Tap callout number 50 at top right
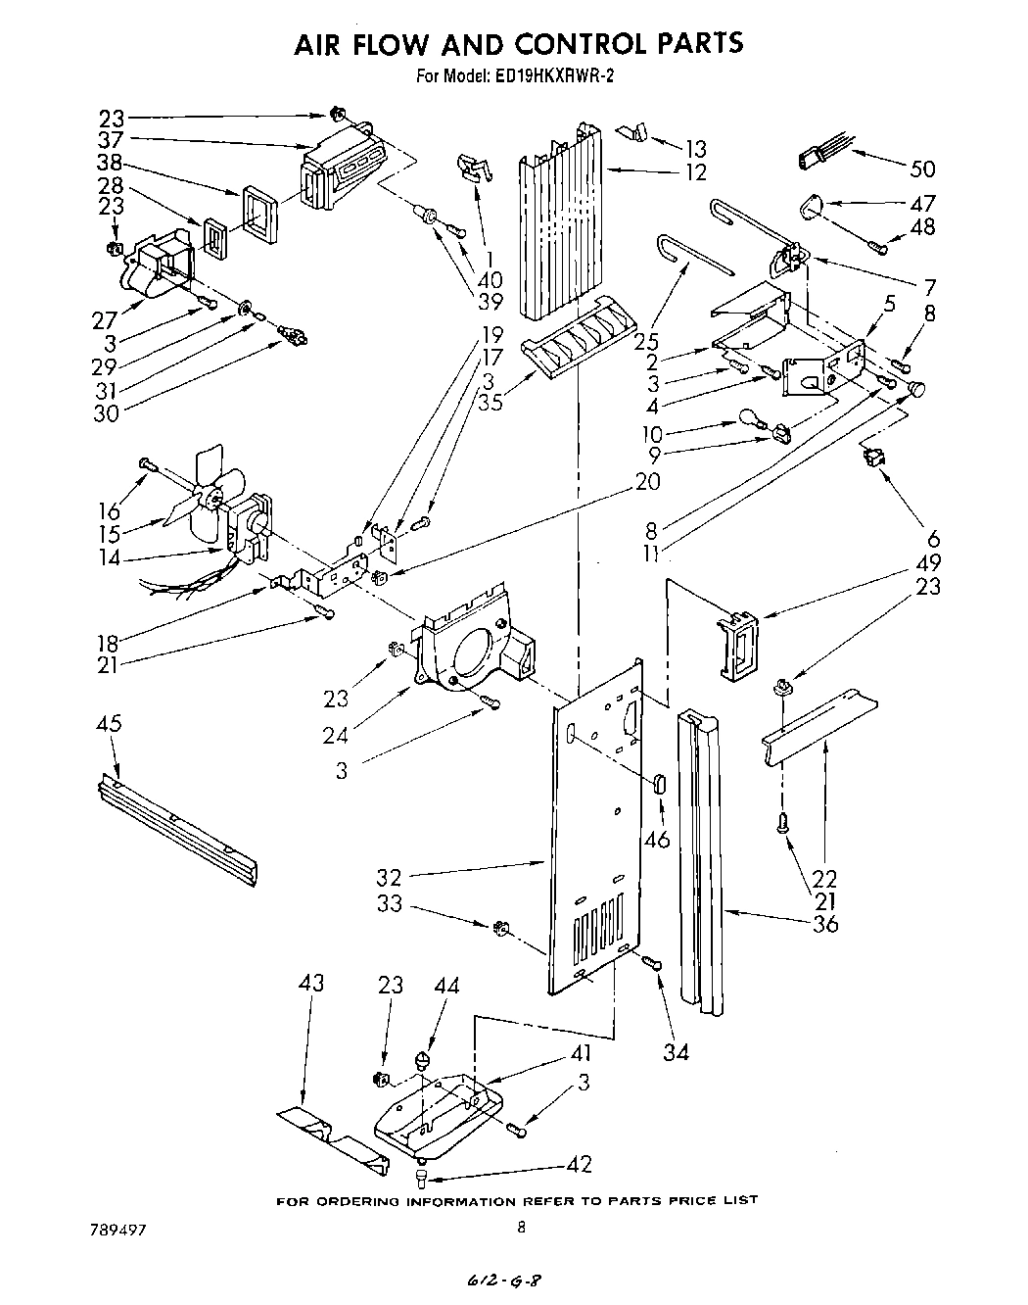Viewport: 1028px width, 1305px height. [922, 169]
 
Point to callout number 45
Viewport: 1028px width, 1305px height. [109, 724]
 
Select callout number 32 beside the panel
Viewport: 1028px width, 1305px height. [390, 877]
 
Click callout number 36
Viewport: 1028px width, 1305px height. [826, 923]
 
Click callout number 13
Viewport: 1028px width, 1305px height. [696, 149]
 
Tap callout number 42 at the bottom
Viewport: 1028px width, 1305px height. [579, 1164]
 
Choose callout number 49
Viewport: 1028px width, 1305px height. [928, 562]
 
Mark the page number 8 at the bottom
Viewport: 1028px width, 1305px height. [521, 1226]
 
